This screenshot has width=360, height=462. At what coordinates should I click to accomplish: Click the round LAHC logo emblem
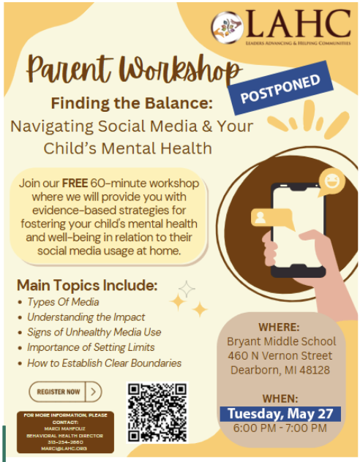pyautogui.click(x=227, y=28)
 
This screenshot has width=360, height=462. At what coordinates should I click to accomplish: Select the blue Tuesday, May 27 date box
pyautogui.click(x=281, y=414)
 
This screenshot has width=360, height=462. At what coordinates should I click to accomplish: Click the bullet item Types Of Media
pyautogui.click(x=63, y=301)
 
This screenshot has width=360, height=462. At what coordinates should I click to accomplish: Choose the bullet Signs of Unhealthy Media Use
pyautogui.click(x=94, y=332)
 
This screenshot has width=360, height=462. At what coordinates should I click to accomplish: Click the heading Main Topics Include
pyautogui.click(x=87, y=284)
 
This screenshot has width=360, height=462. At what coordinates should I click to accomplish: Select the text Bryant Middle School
pyautogui.click(x=281, y=341)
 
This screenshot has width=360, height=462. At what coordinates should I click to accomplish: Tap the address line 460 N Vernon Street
pyautogui.click(x=281, y=356)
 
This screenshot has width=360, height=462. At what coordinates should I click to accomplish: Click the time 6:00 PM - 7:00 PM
pyautogui.click(x=281, y=428)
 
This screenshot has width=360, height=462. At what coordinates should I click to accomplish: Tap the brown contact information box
pyautogui.click(x=66, y=431)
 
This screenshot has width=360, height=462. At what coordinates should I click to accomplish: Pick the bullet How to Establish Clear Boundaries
pyautogui.click(x=104, y=363)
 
